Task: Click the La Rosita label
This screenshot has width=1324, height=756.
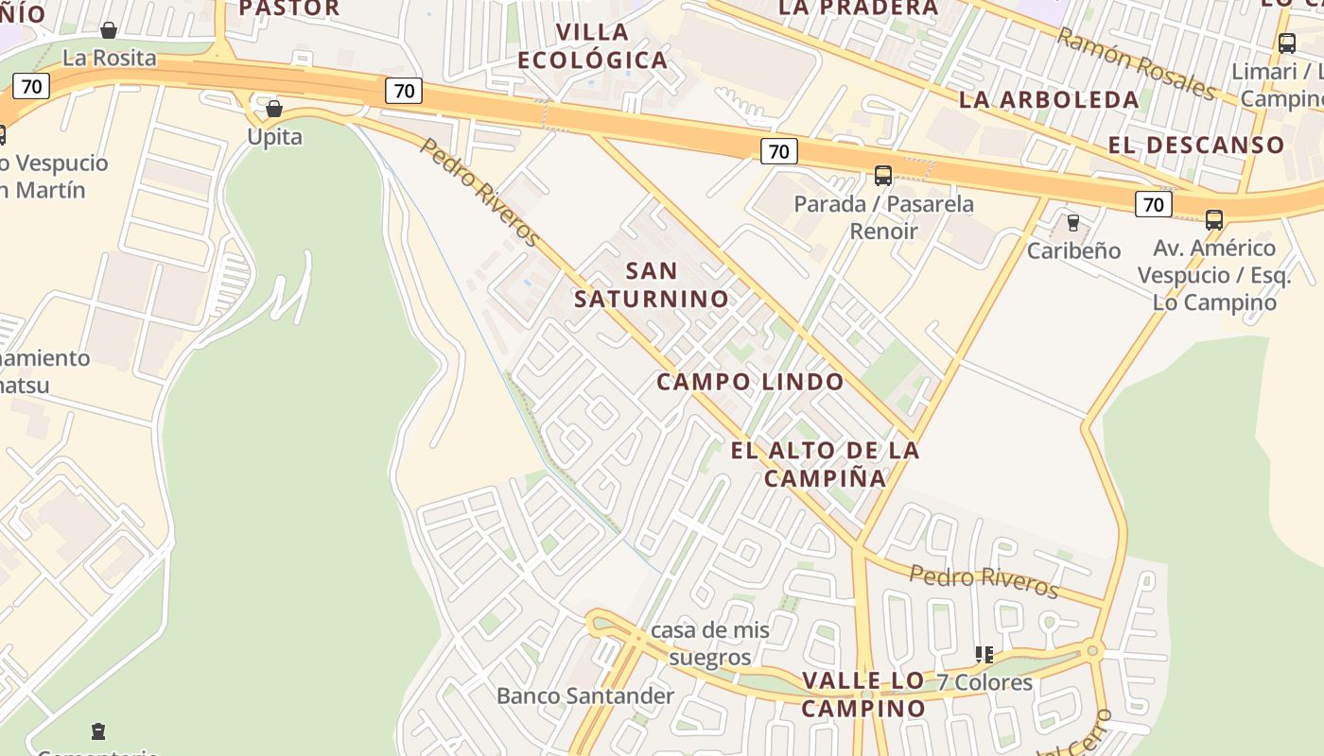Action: tap(109, 58)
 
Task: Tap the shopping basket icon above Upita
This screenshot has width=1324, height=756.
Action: tap(274, 109)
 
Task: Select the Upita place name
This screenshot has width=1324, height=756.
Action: tap(274, 137)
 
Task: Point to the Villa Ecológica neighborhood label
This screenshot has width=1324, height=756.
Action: tap(593, 46)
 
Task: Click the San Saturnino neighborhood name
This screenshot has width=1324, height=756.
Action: tap(652, 284)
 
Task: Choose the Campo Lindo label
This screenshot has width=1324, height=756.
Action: tap(750, 382)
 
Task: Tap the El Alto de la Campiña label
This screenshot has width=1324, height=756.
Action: tap(825, 463)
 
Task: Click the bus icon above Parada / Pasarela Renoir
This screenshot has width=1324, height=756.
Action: tap(883, 175)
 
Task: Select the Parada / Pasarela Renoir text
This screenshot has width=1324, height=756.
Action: tap(883, 216)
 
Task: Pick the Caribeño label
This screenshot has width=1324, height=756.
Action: tap(1073, 250)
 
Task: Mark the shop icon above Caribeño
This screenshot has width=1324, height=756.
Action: tap(1072, 223)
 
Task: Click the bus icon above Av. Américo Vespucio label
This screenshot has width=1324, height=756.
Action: tap(1214, 220)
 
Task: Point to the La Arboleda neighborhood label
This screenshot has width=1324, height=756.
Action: tap(1049, 99)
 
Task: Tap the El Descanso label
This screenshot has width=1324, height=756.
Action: tap(1196, 145)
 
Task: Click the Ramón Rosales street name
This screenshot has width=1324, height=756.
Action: tap(1135, 63)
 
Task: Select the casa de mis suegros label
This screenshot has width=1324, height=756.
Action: tap(709, 643)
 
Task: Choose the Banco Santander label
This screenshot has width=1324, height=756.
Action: tap(585, 696)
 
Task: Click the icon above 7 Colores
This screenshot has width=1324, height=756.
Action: tap(984, 654)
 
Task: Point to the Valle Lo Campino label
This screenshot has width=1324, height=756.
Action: tap(863, 694)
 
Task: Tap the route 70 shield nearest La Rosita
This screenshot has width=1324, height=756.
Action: tap(31, 86)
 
